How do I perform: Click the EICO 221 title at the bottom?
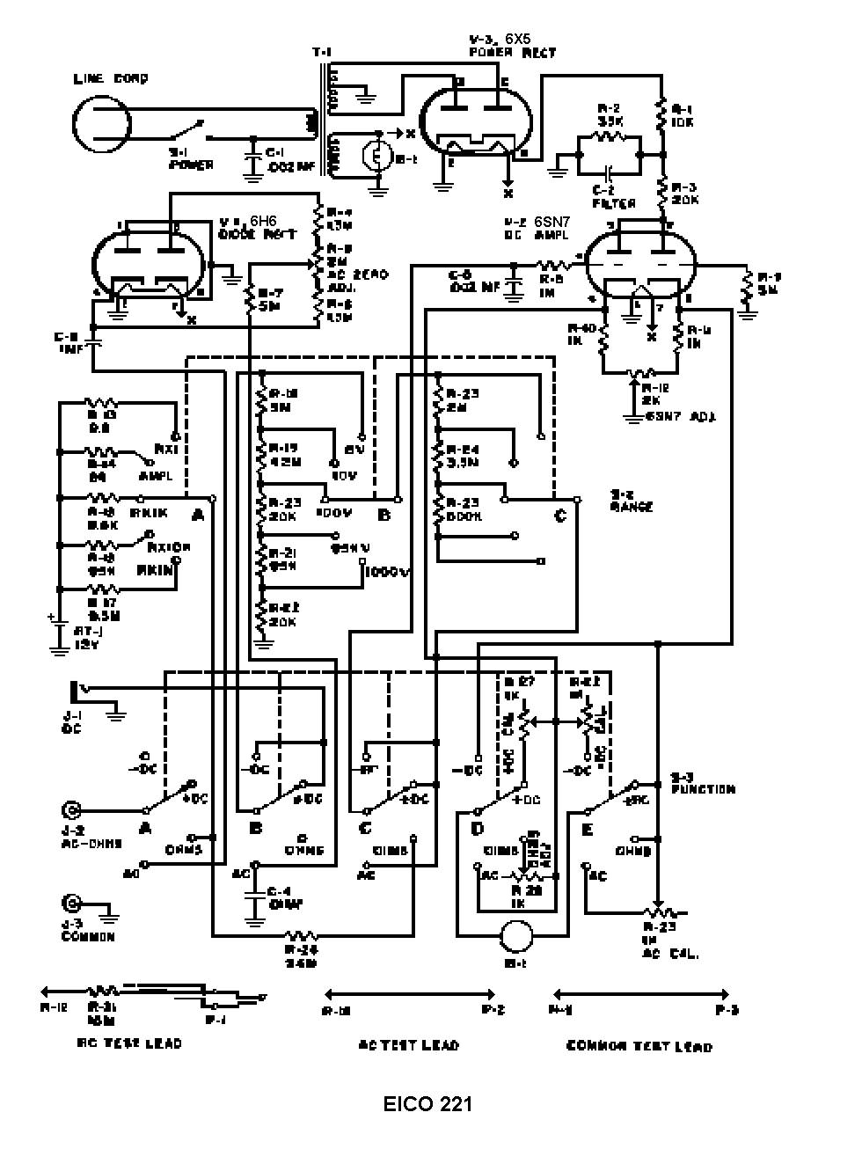(427, 1103)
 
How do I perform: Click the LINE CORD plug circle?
(102, 124)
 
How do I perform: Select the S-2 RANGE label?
(632, 501)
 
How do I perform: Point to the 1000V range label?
(389, 572)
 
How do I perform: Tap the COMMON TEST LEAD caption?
(639, 1045)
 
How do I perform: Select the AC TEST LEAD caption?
(409, 1044)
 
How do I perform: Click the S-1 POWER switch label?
(191, 159)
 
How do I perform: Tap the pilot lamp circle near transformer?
(377, 156)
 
